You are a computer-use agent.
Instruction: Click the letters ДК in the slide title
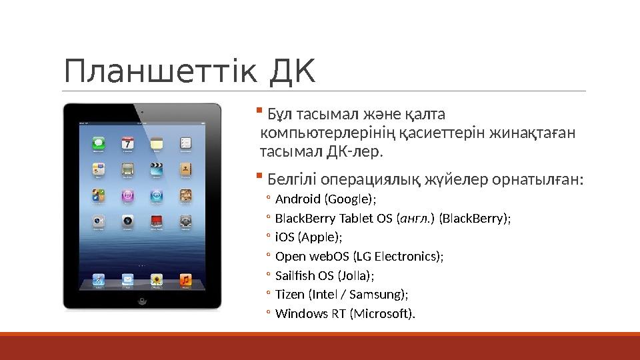pos(291,72)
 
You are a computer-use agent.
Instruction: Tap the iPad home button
pos(142,301)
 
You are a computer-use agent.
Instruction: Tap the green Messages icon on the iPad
pos(98,143)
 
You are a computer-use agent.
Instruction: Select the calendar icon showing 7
pos(127,143)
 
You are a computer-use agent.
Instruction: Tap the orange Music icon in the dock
pos(186,279)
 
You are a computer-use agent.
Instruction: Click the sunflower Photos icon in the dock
pos(157,279)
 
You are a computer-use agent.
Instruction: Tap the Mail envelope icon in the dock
pos(127,279)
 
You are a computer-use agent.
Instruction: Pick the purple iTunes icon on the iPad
pos(127,195)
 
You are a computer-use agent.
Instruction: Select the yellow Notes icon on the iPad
pos(157,143)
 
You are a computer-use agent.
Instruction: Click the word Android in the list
pos(298,199)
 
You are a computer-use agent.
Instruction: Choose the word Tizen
pos(289,294)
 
